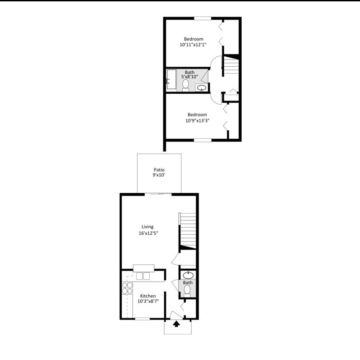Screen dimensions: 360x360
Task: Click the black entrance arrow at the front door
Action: click(x=176, y=323)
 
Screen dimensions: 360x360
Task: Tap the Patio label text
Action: click(x=159, y=170)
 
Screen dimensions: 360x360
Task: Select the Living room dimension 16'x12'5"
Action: click(x=148, y=233)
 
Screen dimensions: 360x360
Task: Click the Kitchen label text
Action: click(x=148, y=296)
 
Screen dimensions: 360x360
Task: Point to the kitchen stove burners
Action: click(x=127, y=288)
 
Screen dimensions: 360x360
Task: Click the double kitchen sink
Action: click(x=143, y=276)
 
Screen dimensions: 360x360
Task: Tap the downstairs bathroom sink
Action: click(x=188, y=274)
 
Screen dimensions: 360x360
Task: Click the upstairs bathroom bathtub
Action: click(x=171, y=80)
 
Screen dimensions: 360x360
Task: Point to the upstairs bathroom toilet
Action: click(x=186, y=85)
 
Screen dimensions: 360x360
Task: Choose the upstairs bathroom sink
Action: click(x=202, y=87)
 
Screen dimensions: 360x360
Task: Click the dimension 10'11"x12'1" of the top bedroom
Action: click(x=193, y=45)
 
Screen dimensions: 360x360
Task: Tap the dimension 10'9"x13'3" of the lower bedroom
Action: click(x=197, y=120)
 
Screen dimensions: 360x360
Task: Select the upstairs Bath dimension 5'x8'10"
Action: click(x=189, y=77)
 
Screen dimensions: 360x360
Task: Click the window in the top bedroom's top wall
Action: click(x=203, y=18)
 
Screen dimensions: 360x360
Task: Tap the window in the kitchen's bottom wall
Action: click(x=142, y=319)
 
